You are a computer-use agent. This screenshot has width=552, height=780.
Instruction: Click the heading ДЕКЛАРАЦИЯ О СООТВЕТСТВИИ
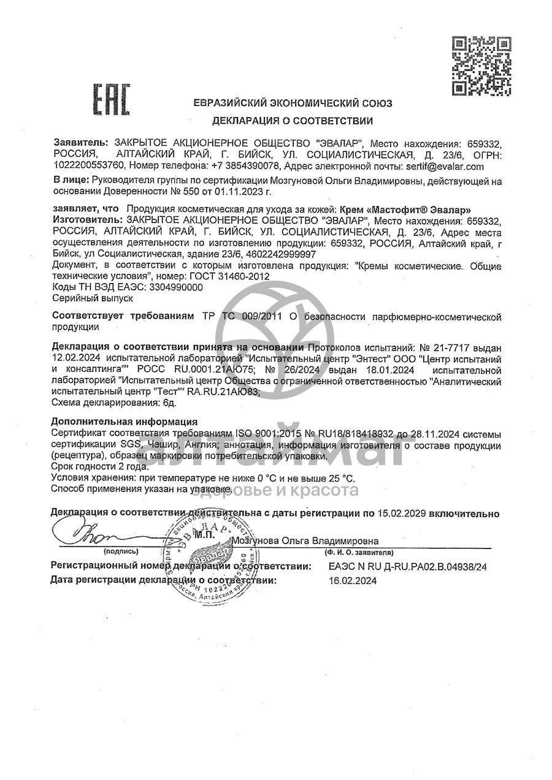pos(293,121)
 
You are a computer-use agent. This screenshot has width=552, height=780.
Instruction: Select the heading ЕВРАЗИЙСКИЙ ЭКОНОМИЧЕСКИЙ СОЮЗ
pos(293,104)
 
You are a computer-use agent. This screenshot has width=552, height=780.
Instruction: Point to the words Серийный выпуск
pos(83,298)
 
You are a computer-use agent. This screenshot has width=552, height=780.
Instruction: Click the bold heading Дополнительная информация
pos(125,422)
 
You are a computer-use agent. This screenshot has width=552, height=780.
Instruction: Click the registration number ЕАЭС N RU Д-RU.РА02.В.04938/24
pos(407,567)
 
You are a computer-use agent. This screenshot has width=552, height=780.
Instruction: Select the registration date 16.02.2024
pos(353,580)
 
